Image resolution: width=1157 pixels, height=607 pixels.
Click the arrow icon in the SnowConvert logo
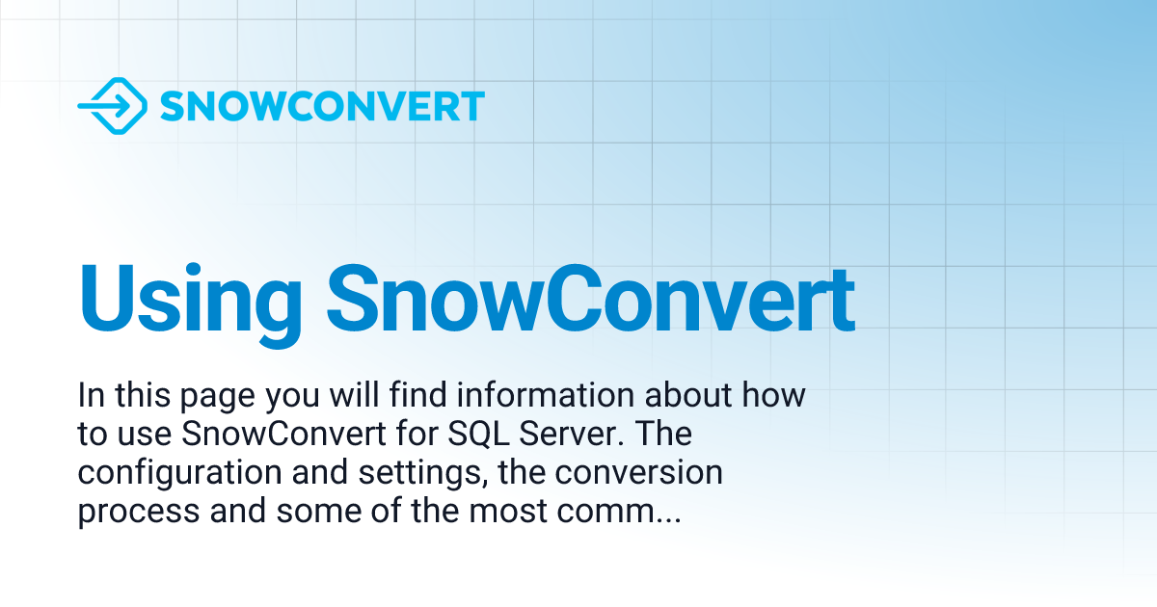(x=112, y=106)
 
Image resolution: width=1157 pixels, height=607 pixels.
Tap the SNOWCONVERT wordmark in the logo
(x=321, y=106)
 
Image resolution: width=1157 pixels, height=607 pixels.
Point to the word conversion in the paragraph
(x=640, y=473)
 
